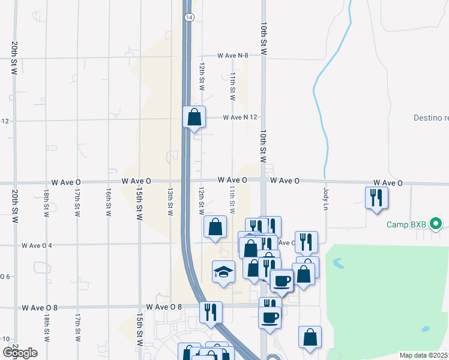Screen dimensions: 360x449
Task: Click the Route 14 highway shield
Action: point(190,18)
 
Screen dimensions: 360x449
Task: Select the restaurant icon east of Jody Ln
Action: point(376,197)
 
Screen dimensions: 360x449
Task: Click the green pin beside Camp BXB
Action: point(437,226)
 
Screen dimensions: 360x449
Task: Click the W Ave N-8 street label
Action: point(233,55)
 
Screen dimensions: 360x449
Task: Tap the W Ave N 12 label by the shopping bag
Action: point(240,118)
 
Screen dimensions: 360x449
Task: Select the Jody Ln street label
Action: point(327,198)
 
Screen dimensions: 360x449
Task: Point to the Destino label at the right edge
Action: point(431,118)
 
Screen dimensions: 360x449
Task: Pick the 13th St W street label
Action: point(170,202)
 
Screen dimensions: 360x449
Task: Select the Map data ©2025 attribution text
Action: point(424,355)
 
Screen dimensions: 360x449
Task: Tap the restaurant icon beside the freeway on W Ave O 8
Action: point(211,311)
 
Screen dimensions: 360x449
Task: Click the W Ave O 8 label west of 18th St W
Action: point(40,308)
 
